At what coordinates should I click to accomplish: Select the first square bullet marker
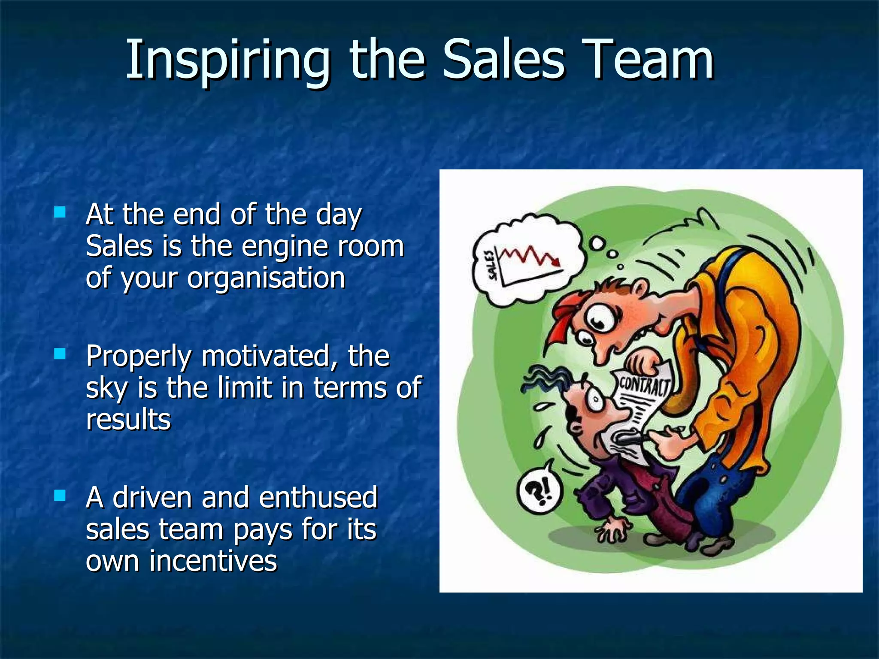pos(60,212)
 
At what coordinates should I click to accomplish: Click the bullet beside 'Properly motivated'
pos(60,354)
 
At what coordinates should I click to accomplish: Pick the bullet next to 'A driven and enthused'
pos(60,496)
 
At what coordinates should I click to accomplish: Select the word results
pos(128,419)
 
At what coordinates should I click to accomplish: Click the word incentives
pos(213,561)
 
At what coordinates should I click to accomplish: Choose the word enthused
pos(318,498)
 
